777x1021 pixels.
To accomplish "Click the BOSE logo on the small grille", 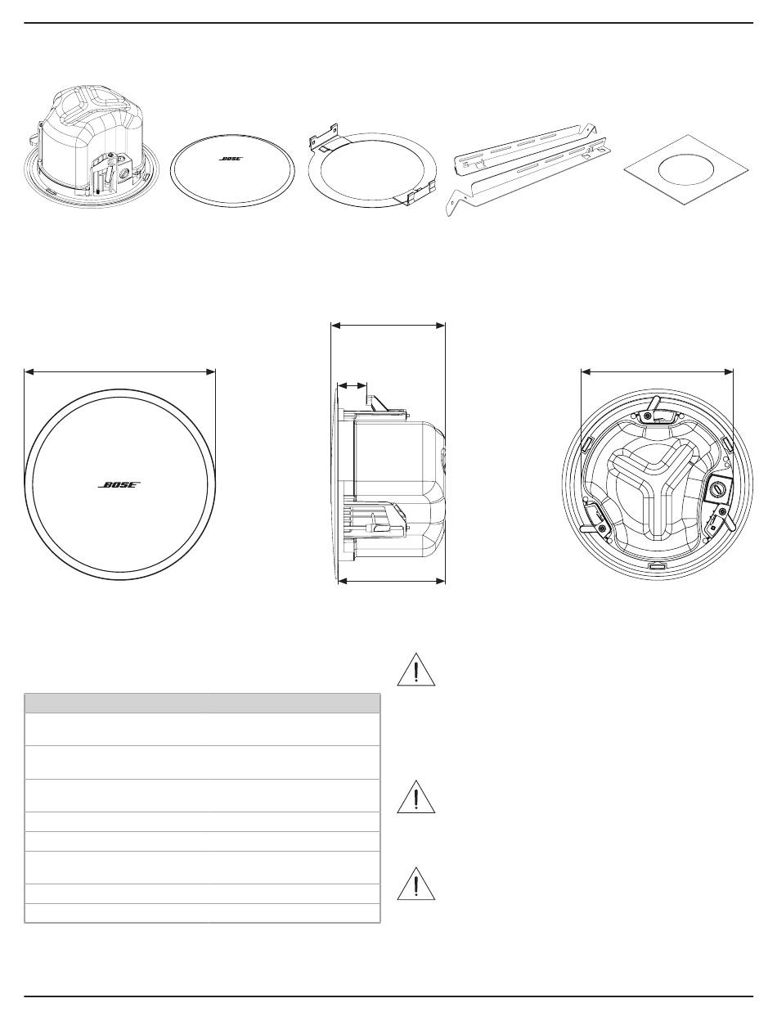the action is coord(231,158).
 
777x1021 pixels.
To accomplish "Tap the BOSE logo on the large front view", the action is coord(119,484).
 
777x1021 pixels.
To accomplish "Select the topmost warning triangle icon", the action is coord(416,670).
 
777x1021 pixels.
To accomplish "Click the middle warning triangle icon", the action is coord(416,798).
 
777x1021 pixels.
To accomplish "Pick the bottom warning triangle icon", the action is coord(416,884).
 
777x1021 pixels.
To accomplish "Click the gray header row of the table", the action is coord(202,704).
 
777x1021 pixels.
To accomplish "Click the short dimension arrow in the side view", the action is coord(352,385).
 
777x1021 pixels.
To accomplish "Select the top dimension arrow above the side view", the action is coord(388,326).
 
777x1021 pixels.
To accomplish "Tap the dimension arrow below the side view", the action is coord(392,581).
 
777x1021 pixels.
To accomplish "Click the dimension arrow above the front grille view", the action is coord(120,371).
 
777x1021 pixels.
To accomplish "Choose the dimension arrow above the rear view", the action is coord(658,371).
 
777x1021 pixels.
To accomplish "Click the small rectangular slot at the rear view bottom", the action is coord(657,566).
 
